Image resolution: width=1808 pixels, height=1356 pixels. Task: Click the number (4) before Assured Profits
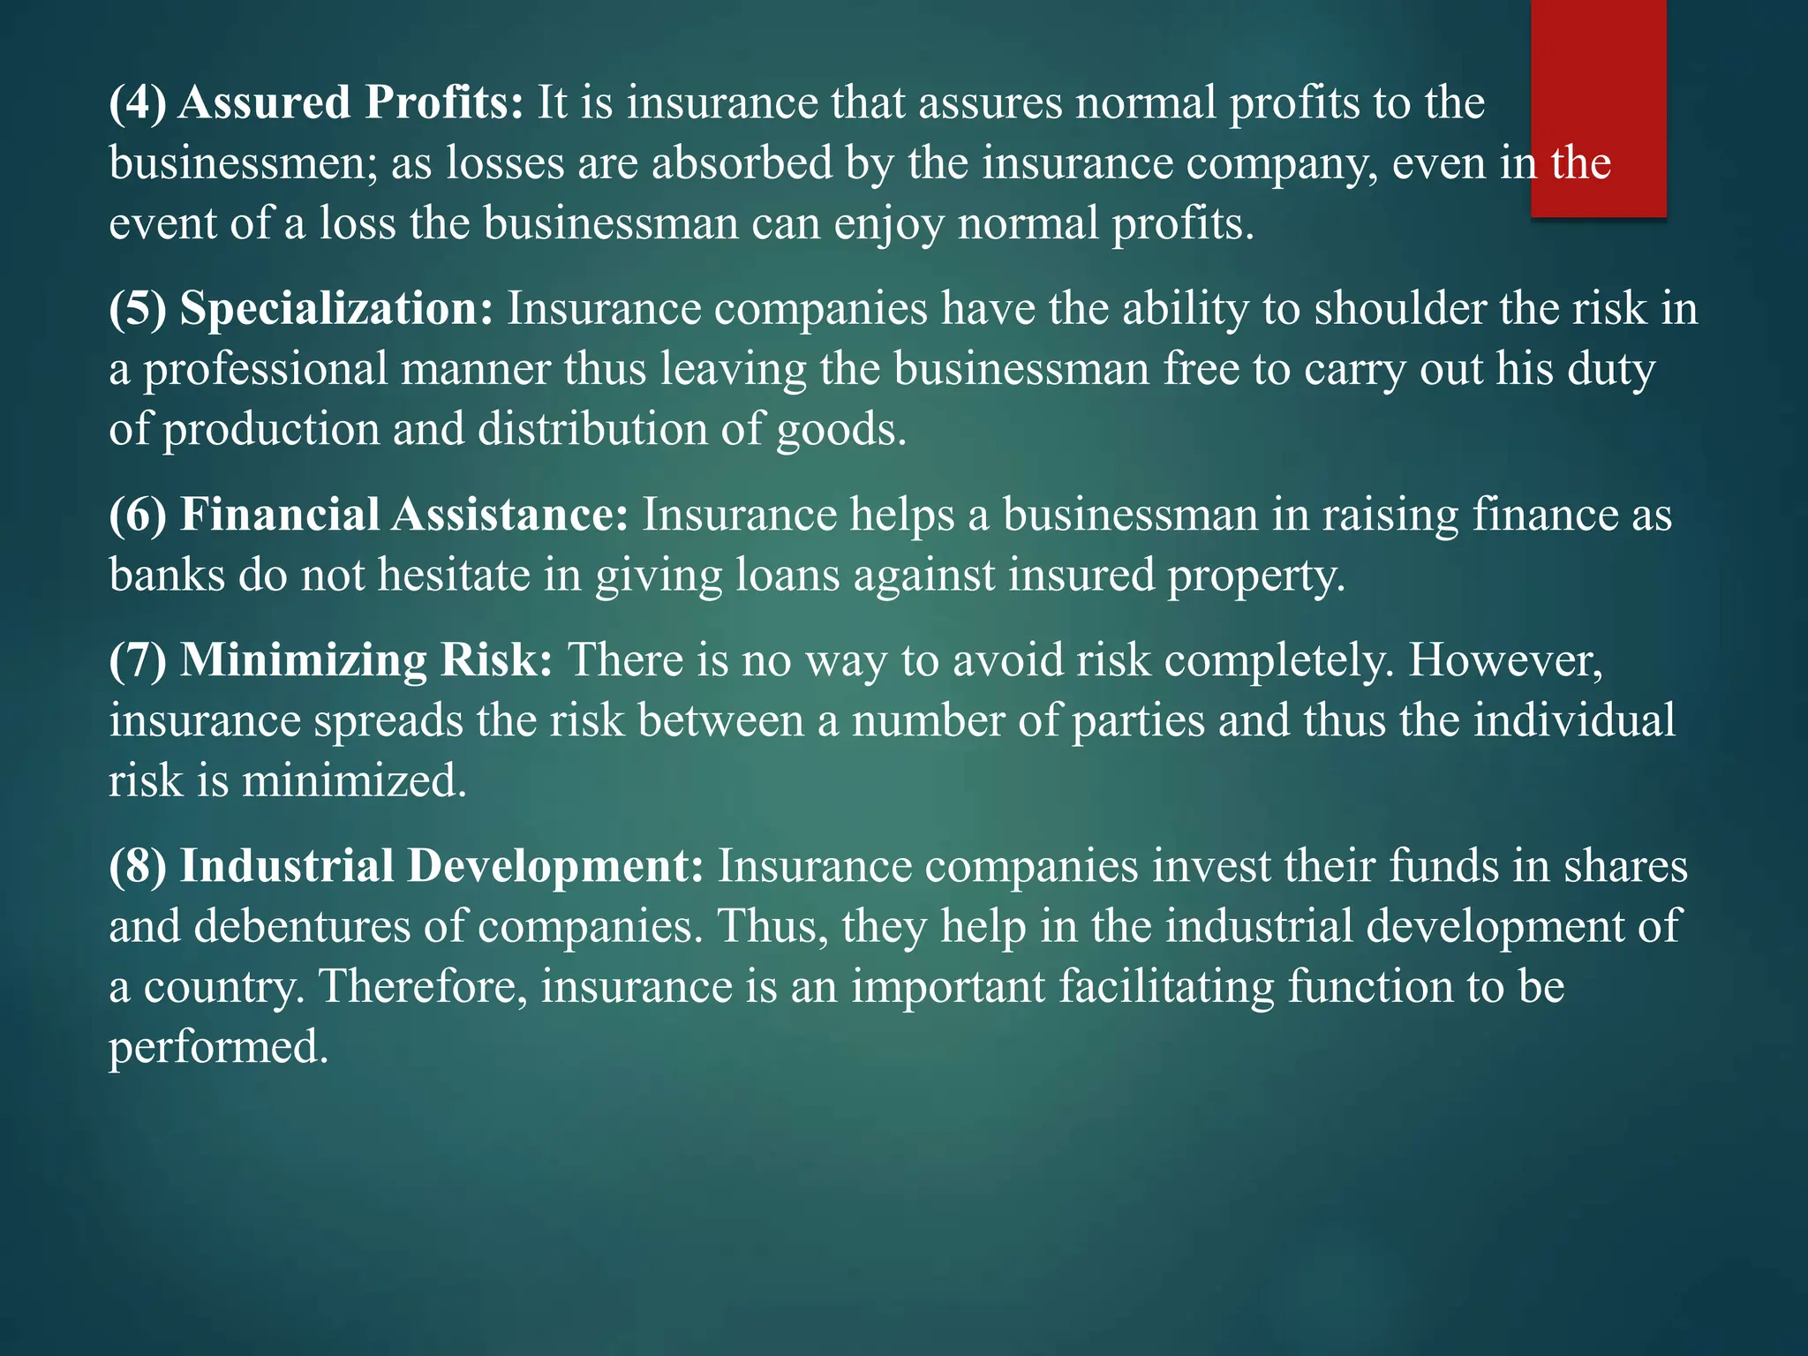(x=138, y=102)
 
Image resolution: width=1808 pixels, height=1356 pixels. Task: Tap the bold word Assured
(x=265, y=102)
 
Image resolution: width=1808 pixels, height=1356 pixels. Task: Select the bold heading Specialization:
(x=336, y=309)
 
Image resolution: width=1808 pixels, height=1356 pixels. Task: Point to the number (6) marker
(x=138, y=515)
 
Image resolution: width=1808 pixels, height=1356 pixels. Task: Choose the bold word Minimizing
(x=304, y=660)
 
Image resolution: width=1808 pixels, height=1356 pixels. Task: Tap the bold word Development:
(x=555, y=866)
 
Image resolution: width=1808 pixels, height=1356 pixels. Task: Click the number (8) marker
(x=138, y=866)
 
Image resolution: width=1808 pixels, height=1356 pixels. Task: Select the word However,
(x=1505, y=660)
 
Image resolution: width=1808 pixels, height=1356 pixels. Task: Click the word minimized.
(x=354, y=781)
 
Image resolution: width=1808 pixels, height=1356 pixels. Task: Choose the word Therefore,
(x=423, y=986)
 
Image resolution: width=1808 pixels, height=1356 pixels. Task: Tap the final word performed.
(x=218, y=1048)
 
